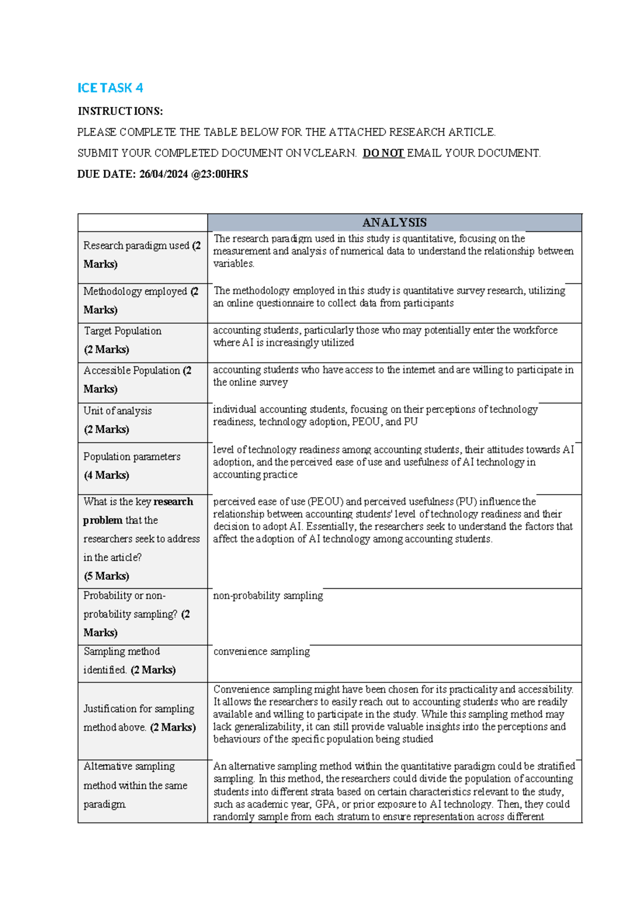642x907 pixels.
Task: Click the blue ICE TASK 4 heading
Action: pos(110,88)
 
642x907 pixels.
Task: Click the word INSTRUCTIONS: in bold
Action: pos(120,111)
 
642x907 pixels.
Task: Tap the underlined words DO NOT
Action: pos(383,153)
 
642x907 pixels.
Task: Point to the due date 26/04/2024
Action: pos(164,174)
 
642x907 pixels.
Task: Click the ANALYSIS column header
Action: pos(394,222)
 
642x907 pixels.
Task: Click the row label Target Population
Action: pos(123,331)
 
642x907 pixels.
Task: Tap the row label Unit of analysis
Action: pos(118,411)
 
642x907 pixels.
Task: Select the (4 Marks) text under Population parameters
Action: pos(106,475)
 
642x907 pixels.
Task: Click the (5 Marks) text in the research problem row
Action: pos(106,576)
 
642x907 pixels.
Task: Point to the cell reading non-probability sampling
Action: pos(268,596)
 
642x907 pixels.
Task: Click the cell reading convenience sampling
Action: pos(262,651)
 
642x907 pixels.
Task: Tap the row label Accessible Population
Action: pos(132,371)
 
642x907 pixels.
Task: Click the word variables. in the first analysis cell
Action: pos(234,264)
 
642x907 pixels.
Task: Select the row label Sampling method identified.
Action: pos(122,652)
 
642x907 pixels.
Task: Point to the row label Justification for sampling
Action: pos(139,709)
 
